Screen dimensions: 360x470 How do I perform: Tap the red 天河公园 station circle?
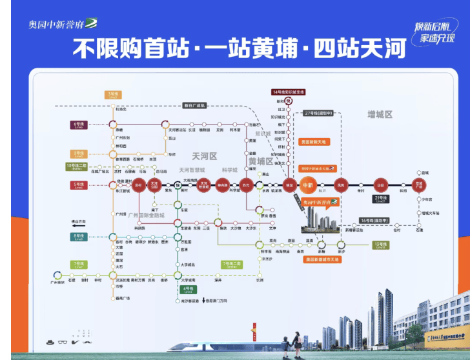coord(154,185)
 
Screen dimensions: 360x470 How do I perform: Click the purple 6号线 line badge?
coord(79,124)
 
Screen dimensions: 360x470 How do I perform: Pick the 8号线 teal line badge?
coord(79,237)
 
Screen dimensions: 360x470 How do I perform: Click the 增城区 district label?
coord(380,114)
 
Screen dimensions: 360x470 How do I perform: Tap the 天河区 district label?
coord(205,156)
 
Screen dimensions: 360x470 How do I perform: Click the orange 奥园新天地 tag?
coord(314,141)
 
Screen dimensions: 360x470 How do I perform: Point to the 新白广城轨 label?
coord(194,105)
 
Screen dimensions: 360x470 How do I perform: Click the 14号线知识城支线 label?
coord(288,92)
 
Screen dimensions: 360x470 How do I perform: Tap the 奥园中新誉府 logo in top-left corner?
coord(63,25)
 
